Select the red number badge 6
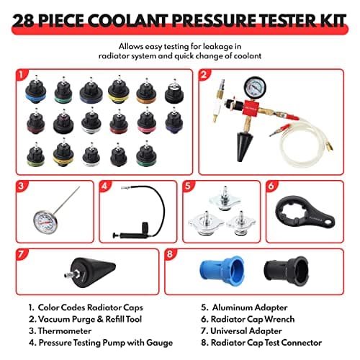coord(271,186)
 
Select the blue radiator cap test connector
coord(222,276)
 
